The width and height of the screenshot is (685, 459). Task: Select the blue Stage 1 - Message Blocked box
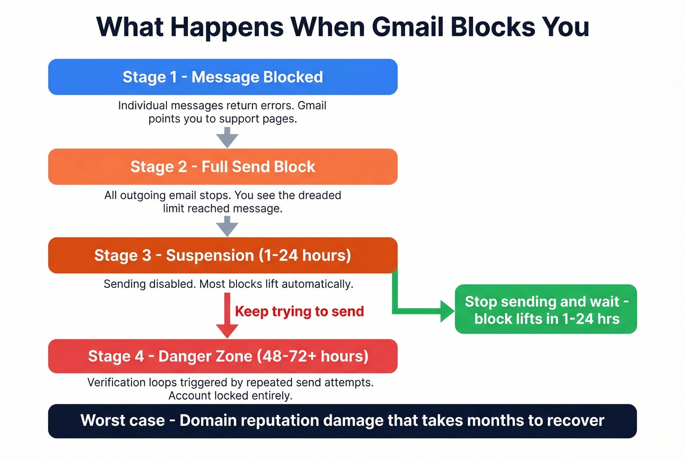pyautogui.click(x=223, y=77)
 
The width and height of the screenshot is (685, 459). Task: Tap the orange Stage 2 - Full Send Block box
pyautogui.click(x=223, y=167)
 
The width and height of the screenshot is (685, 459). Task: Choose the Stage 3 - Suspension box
pyautogui.click(x=223, y=255)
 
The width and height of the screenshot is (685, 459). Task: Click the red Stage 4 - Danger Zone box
pyautogui.click(x=223, y=356)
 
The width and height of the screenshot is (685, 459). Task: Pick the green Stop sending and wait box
pyautogui.click(x=546, y=309)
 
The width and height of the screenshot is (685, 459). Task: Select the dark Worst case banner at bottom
pyautogui.click(x=342, y=421)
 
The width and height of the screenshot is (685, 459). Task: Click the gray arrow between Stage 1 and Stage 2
pyautogui.click(x=227, y=137)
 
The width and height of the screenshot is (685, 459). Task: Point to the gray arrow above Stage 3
pyautogui.click(x=227, y=226)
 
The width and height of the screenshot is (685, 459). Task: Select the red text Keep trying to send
pyautogui.click(x=299, y=311)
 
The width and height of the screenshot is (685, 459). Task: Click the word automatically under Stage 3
pyautogui.click(x=317, y=284)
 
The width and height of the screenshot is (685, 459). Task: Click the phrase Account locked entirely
pyautogui.click(x=230, y=395)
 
